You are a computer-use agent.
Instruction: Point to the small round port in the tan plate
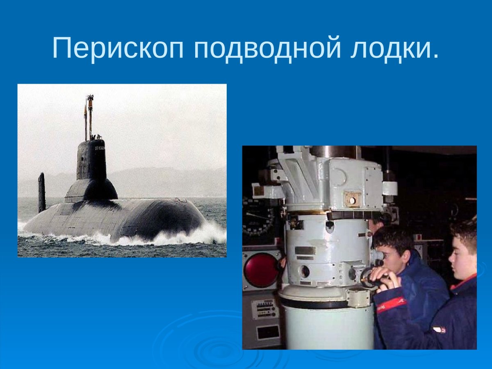[x=352, y=200]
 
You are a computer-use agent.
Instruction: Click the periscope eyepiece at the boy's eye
[x=378, y=255]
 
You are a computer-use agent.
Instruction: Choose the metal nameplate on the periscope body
[x=305, y=250]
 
